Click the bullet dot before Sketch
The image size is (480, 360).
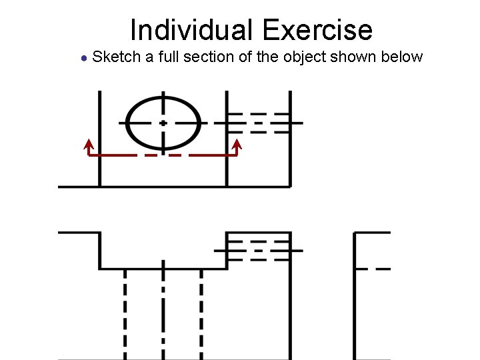click(x=83, y=57)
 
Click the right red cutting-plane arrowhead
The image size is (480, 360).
click(x=237, y=143)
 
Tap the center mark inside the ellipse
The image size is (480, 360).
click(x=163, y=123)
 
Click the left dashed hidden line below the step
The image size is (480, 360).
click(x=125, y=313)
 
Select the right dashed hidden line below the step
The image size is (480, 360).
click(x=201, y=313)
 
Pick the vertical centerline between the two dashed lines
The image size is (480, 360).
click(x=163, y=313)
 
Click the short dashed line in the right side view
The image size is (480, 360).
click(x=373, y=269)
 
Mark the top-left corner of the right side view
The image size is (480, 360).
click(x=355, y=233)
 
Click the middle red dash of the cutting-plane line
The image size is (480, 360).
click(x=163, y=155)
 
